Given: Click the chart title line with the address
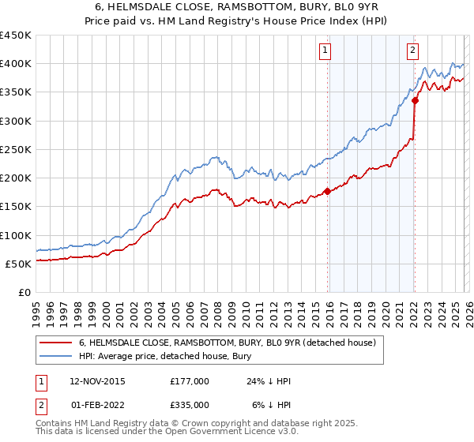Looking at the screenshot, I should [x=236, y=6].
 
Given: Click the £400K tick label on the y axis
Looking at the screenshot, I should [x=16, y=64].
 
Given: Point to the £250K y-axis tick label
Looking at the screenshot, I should [x=16, y=149].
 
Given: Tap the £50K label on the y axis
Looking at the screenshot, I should [x=18, y=264].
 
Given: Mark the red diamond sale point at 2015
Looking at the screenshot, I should [x=327, y=191].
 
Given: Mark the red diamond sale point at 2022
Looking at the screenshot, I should [x=415, y=100].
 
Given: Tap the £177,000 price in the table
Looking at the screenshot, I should [x=190, y=381].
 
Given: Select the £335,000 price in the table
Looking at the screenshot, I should [x=190, y=404].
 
